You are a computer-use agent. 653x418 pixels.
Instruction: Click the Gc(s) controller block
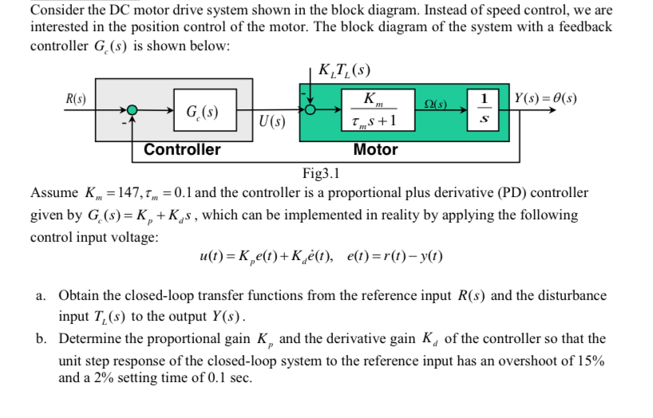(194, 110)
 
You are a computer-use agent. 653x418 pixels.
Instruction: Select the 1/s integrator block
(483, 109)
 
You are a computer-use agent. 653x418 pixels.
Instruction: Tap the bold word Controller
(182, 149)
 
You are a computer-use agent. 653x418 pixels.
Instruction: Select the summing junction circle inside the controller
(133, 110)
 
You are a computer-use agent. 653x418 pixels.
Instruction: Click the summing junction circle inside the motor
(311, 110)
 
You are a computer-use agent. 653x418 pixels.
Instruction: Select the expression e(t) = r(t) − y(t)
(396, 257)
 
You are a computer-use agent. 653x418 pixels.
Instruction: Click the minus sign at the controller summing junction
(123, 123)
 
